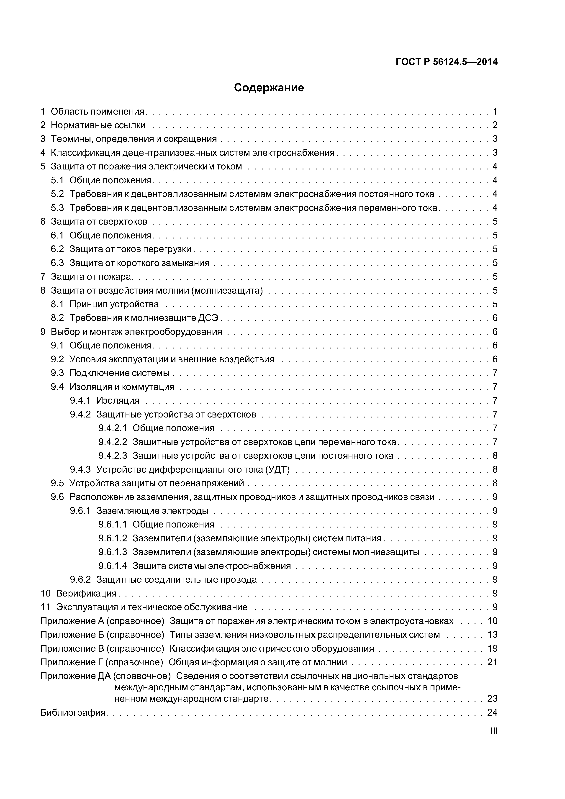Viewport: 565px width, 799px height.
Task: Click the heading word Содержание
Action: pos(269,88)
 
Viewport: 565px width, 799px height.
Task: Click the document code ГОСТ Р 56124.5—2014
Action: pos(447,62)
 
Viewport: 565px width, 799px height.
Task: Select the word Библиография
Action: pos(73,713)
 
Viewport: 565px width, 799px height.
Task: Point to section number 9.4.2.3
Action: pos(113,456)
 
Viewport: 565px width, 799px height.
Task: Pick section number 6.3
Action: pos(57,263)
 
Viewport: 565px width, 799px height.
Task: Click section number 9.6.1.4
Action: pos(113,566)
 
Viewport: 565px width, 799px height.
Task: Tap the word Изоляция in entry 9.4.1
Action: pos(118,401)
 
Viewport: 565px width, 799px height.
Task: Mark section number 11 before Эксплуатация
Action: pos(45,607)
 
